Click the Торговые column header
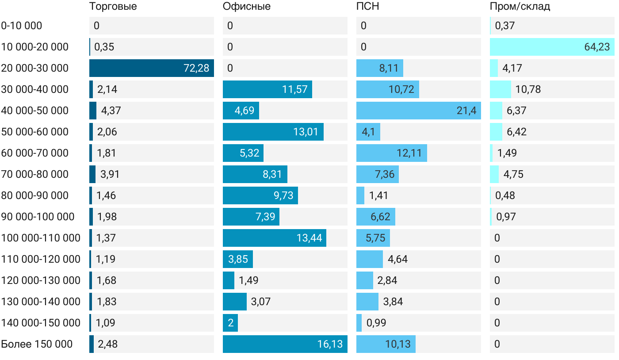click(113, 7)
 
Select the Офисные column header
click(247, 7)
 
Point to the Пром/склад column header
click(520, 7)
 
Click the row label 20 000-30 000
click(35, 68)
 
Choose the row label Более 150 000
click(37, 344)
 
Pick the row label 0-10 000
click(22, 26)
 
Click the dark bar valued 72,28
click(151, 68)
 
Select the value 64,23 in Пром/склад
click(596, 47)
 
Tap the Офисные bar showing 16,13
click(285, 344)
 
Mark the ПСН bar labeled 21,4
click(418, 111)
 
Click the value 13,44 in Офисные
click(309, 238)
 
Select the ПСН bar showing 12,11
click(391, 153)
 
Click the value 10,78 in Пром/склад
click(528, 89)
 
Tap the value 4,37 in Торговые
click(111, 111)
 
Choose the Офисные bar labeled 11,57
click(267, 89)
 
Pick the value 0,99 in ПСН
click(376, 323)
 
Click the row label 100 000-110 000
click(41, 238)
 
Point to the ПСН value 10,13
click(398, 344)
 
